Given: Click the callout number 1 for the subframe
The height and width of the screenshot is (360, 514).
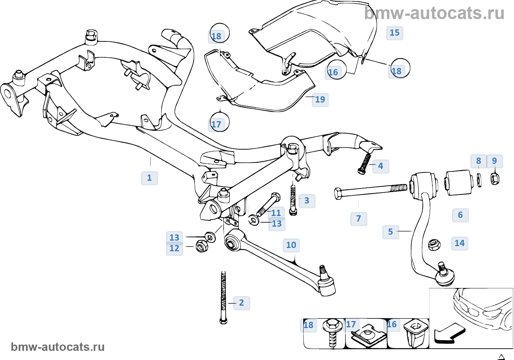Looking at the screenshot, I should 149,178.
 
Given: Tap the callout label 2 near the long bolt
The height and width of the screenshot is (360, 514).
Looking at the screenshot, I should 241,303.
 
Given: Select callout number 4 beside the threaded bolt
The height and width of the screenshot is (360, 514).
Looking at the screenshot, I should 380,166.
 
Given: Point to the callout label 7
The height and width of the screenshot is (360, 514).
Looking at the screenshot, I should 359,219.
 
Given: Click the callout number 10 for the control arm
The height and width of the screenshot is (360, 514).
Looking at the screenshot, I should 291,245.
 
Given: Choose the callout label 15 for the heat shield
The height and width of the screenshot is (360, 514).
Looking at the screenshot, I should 395,33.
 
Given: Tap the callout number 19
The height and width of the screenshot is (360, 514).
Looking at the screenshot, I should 320,100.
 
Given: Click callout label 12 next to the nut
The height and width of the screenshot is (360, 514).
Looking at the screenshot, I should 174,248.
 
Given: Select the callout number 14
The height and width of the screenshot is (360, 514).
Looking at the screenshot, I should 460,243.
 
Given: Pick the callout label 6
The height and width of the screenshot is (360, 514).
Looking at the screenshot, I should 460,215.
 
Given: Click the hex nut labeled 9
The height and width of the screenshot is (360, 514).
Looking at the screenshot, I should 495,179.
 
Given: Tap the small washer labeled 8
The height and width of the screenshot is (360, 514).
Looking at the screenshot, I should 479,180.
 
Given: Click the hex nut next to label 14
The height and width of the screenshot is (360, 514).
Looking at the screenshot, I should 434,244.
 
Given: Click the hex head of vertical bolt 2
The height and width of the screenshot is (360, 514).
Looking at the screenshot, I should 223,321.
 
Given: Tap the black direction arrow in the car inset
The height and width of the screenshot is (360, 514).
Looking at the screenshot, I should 449,333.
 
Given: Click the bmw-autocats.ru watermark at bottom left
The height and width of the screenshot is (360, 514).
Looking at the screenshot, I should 58,347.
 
